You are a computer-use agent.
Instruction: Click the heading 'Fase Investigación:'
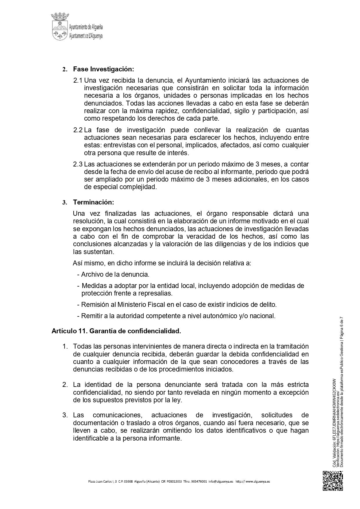[104, 69]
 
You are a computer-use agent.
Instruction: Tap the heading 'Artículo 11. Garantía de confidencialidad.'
[116, 331]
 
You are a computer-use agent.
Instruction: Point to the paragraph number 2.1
[78, 80]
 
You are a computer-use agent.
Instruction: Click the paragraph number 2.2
[78, 130]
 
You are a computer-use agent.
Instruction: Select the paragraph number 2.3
[78, 164]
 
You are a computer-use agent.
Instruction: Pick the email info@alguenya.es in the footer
[221, 481]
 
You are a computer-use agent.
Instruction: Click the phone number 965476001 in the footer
[199, 481]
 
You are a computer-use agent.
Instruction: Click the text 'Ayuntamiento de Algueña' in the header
[86, 28]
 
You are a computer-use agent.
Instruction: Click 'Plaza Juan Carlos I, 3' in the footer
[102, 481]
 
